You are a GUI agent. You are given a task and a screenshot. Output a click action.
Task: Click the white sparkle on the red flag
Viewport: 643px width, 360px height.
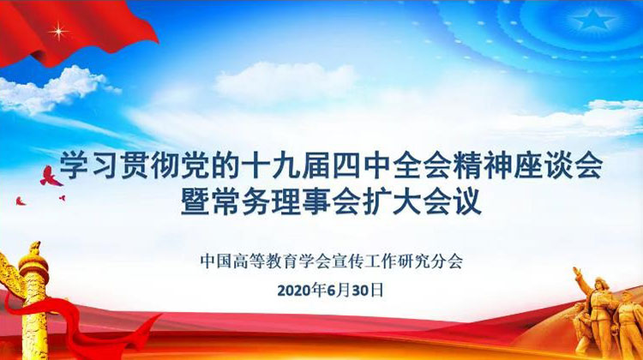58,31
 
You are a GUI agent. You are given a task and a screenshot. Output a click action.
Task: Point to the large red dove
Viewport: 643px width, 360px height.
51,177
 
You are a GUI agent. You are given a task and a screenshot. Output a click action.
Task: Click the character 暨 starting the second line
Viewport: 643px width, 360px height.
195,201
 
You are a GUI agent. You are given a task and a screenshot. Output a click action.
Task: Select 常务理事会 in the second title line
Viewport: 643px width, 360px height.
285,201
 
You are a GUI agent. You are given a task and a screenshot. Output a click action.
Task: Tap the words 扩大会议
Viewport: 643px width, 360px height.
422,201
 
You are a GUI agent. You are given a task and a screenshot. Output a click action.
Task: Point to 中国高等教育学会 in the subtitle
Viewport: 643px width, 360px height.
265,261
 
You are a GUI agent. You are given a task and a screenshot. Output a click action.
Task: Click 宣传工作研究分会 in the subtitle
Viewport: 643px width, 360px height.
397,261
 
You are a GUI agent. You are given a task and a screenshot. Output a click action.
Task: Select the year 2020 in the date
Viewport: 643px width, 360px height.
294,291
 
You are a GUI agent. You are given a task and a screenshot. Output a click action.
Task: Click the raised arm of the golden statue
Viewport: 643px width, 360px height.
581,278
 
